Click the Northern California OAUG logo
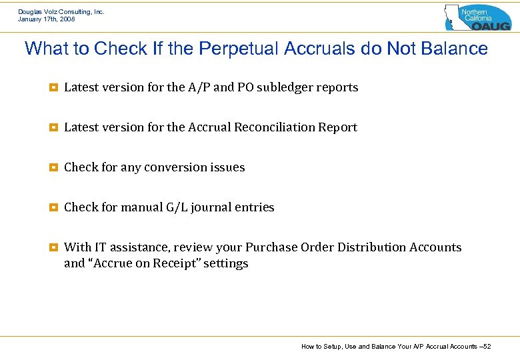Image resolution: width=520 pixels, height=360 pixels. [x=477, y=17]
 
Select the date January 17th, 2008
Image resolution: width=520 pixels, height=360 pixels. [x=47, y=19]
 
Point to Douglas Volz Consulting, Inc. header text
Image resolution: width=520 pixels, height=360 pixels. [x=61, y=11]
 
